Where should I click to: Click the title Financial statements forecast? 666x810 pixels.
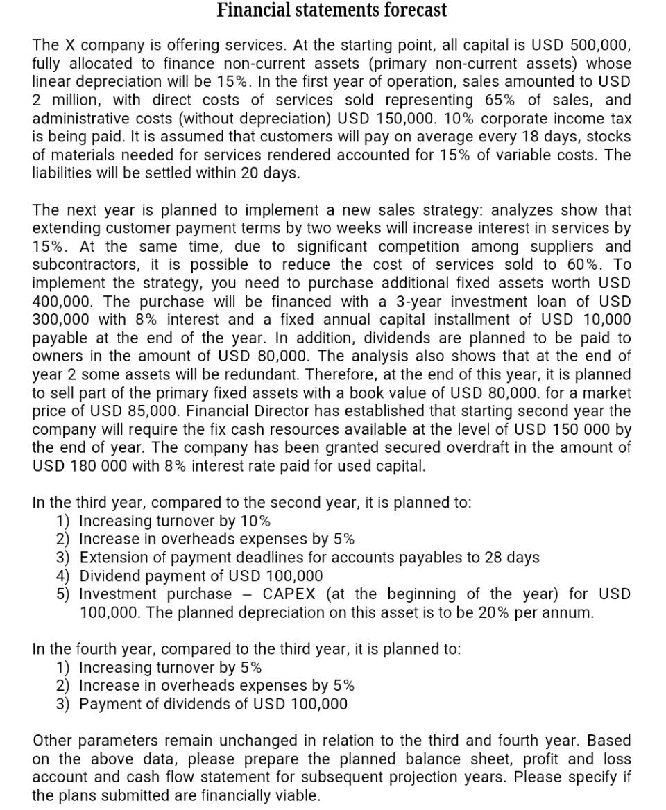(x=332, y=10)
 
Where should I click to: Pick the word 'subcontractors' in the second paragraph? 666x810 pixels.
(x=83, y=265)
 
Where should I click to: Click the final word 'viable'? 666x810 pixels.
(x=295, y=795)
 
